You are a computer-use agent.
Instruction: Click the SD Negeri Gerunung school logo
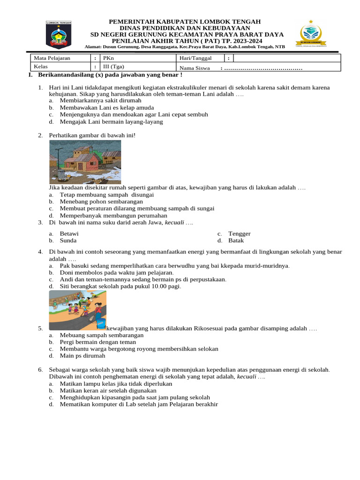tap(311, 33)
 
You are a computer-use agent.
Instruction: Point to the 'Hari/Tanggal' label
tap(195, 58)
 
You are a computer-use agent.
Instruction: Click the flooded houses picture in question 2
tap(85, 162)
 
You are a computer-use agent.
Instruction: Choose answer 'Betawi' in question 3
tap(69, 233)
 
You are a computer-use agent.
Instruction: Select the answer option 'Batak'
tap(237, 240)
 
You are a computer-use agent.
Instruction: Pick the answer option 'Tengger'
tap(239, 233)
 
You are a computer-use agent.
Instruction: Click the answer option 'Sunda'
tap(68, 240)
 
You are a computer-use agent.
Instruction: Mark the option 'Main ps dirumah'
tap(82, 356)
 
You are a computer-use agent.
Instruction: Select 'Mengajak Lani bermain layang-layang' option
tap(111, 121)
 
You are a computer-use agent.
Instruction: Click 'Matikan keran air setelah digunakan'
tap(108, 390)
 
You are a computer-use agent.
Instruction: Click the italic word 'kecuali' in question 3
tap(174, 222)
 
